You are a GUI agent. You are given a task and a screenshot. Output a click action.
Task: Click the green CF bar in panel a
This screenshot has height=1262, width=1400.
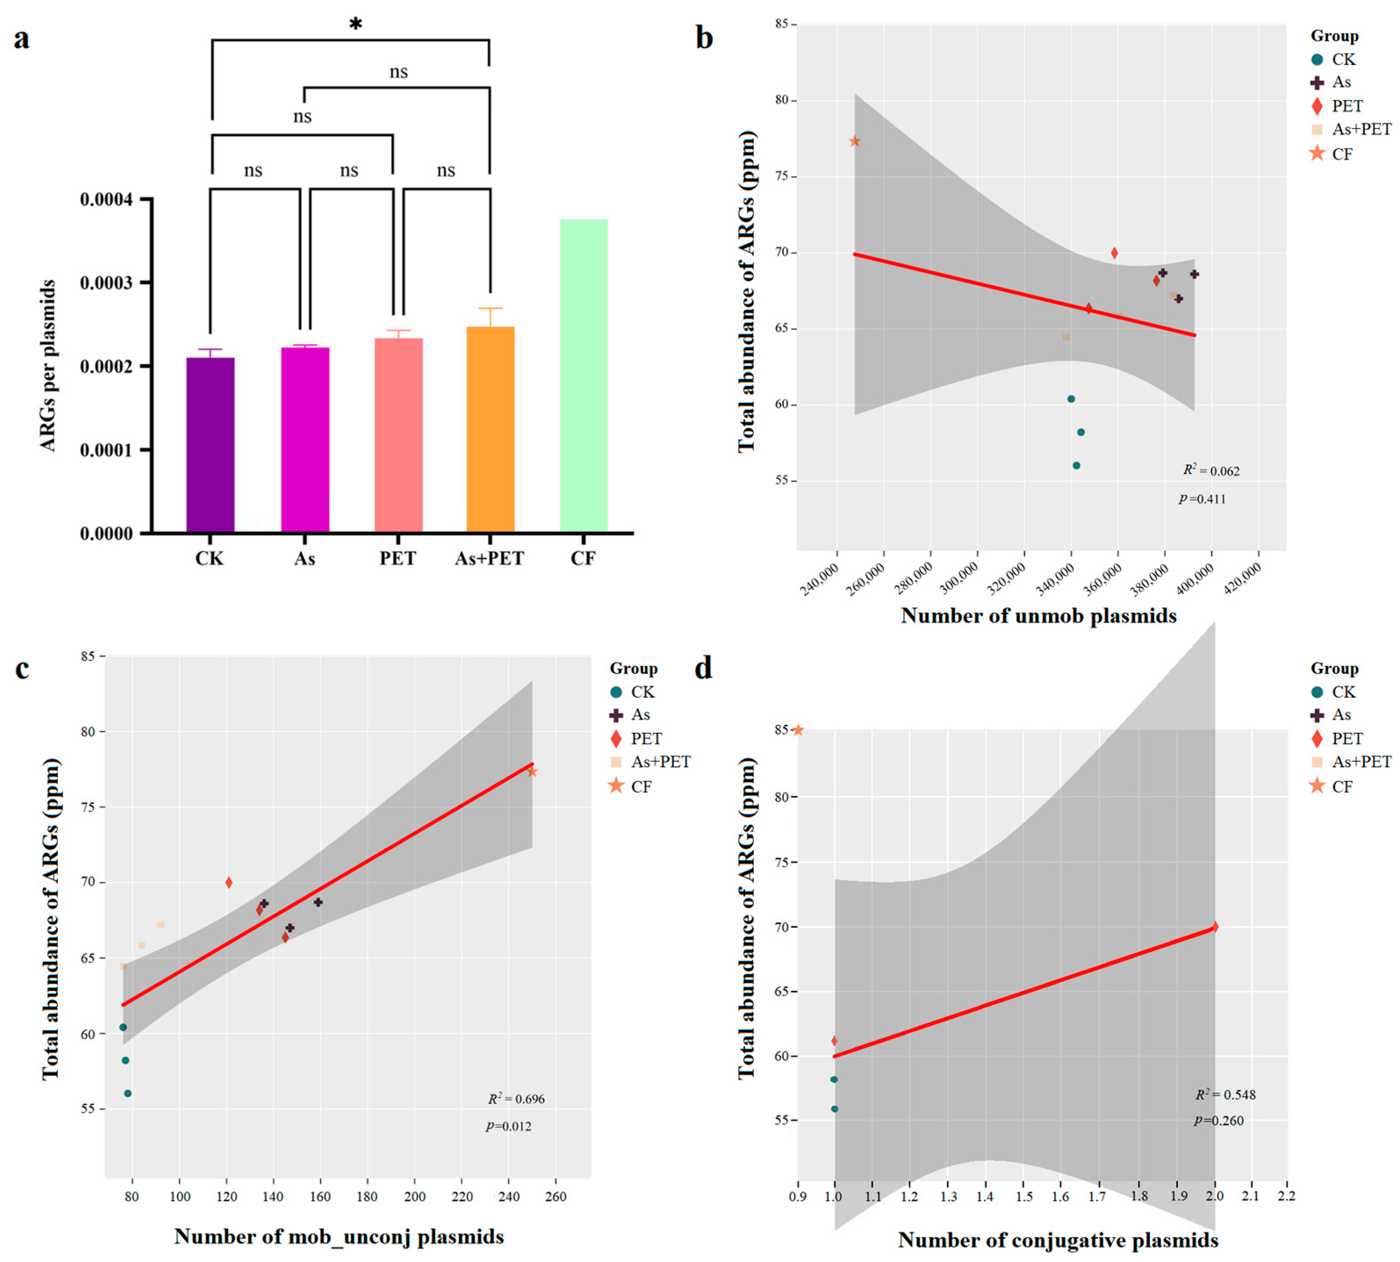coord(583,375)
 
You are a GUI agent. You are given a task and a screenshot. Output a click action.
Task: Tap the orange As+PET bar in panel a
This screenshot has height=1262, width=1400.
coord(490,429)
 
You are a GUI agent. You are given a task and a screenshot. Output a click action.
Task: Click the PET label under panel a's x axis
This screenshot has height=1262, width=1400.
coord(397,558)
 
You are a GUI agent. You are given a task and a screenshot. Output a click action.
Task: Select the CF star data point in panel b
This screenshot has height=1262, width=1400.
coord(854,141)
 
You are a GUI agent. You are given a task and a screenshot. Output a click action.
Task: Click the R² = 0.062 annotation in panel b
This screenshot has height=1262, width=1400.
coord(1211,471)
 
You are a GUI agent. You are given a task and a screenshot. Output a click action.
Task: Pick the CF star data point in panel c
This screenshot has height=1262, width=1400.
coord(532,772)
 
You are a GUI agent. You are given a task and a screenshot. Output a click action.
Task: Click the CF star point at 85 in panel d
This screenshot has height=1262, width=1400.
coord(798,730)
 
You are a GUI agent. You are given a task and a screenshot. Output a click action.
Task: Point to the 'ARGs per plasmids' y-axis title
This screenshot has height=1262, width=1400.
coord(47,366)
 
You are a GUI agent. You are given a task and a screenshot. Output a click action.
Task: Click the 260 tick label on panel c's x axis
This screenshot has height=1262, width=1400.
coord(556,1196)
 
